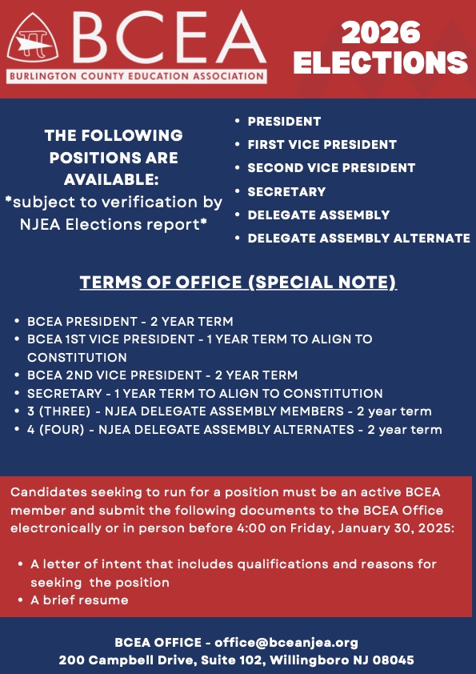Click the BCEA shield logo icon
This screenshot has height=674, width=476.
coord(36,42)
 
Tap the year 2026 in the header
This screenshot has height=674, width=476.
coord(380,33)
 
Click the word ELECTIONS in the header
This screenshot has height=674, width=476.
coord(380,63)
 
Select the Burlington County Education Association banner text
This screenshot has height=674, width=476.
coord(137,77)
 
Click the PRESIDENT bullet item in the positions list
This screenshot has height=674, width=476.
coord(284,122)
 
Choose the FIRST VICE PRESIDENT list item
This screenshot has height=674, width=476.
coord(322,145)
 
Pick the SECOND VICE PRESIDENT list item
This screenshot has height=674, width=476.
coord(331,168)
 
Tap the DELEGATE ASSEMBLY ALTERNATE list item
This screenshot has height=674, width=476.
coord(358,239)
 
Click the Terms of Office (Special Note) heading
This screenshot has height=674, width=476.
coord(238,283)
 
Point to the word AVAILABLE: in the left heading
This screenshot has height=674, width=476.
coord(112,179)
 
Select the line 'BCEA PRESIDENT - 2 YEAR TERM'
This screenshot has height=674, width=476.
coord(130,322)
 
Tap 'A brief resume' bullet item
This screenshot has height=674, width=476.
coord(79,600)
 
